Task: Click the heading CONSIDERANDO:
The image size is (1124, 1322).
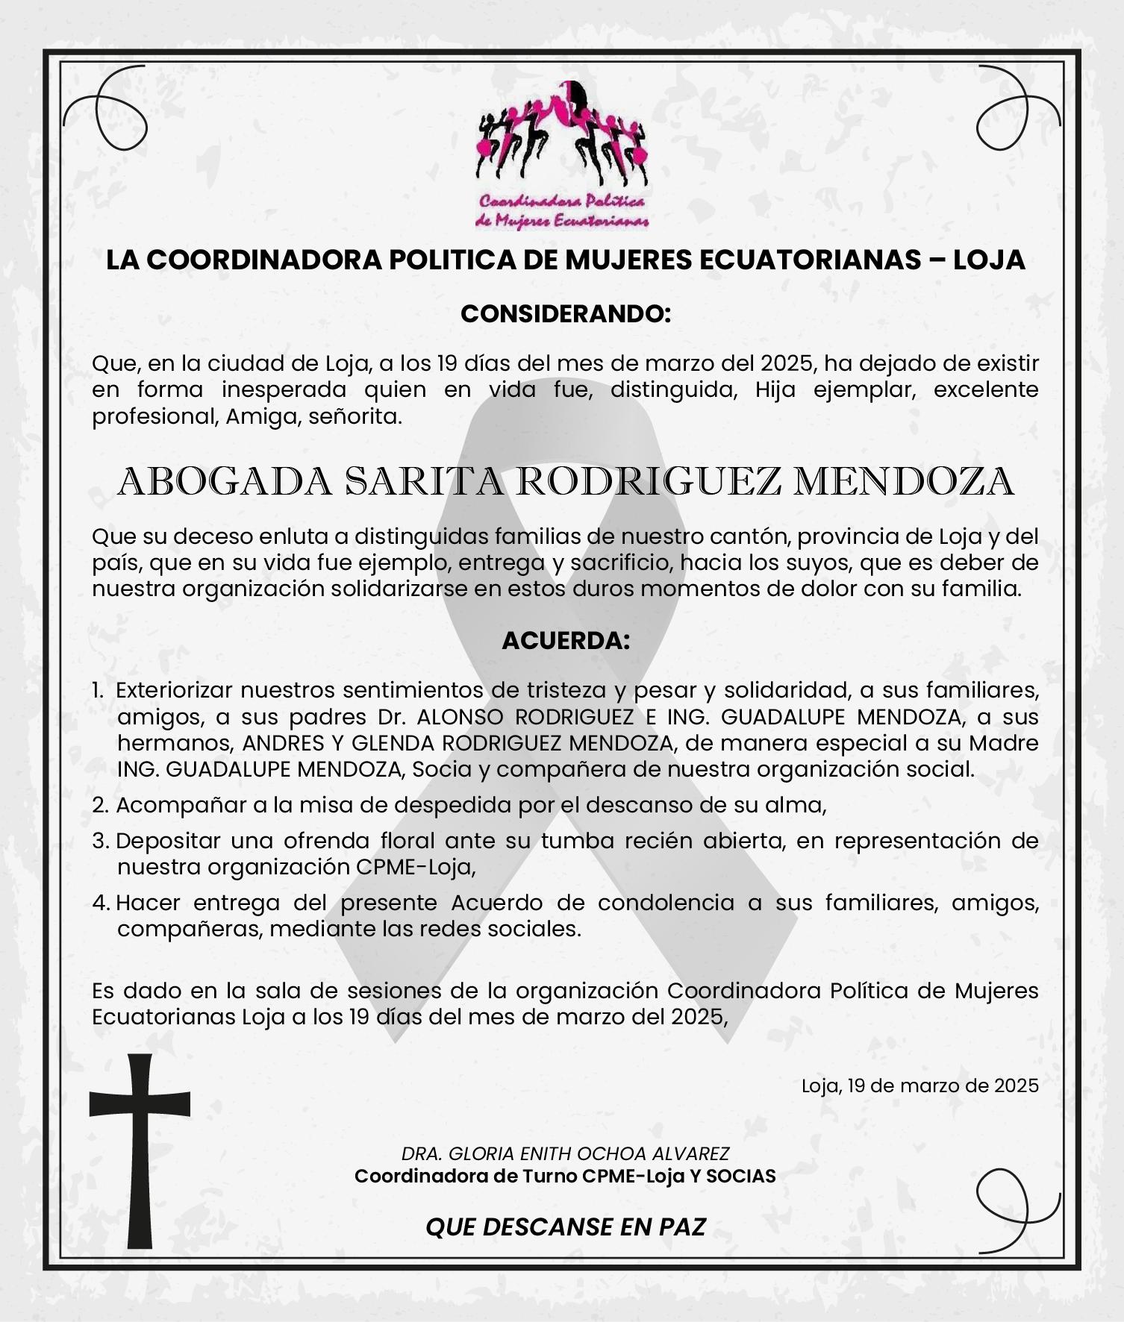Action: click(x=566, y=314)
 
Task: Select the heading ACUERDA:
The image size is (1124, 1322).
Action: click(x=566, y=641)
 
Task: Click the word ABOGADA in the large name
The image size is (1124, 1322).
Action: click(x=225, y=482)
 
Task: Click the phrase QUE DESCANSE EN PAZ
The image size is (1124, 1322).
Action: click(x=566, y=1227)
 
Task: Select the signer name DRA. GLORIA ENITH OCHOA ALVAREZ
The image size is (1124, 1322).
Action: click(x=565, y=1153)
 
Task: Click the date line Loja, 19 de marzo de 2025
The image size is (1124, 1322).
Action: click(x=920, y=1086)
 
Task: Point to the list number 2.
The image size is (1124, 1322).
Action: click(x=101, y=806)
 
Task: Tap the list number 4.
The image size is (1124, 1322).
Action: click(x=101, y=903)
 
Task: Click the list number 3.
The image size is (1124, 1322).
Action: click(x=101, y=842)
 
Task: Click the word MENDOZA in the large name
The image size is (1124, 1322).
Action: click(x=903, y=482)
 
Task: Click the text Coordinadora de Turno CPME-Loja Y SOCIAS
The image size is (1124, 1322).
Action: click(x=565, y=1177)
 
